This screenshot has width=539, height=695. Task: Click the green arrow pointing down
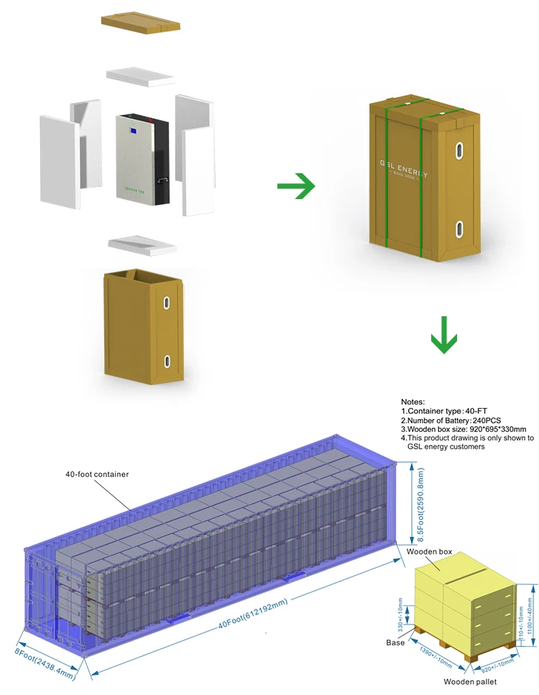point(444,335)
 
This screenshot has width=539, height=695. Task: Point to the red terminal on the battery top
point(148,115)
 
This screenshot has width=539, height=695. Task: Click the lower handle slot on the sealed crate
point(458,231)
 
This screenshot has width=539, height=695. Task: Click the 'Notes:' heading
point(413,402)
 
